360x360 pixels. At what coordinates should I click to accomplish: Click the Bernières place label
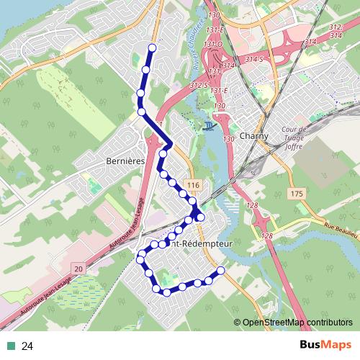point(125,161)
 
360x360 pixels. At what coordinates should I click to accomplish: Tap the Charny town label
point(256,136)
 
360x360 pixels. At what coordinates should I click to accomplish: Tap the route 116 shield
point(191,186)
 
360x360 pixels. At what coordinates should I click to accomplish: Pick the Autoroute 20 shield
point(78,267)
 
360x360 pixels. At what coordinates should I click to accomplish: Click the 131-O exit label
point(212,45)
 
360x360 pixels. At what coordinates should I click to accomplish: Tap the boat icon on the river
point(208,127)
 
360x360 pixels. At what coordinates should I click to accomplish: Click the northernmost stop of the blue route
point(152,48)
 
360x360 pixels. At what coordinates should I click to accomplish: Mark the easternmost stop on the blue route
point(220,270)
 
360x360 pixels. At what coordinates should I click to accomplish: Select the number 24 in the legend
point(28,346)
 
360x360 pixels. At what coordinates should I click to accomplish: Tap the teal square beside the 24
point(9,346)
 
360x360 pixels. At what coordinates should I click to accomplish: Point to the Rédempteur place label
point(205,245)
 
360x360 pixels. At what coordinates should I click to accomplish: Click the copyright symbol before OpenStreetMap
point(238,323)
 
